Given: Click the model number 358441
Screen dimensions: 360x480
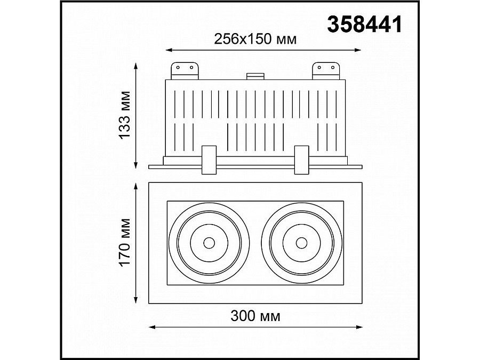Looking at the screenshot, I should click(x=364, y=25).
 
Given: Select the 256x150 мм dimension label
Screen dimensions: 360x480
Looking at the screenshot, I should click(x=255, y=39).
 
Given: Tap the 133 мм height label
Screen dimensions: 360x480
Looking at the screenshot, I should click(x=124, y=114).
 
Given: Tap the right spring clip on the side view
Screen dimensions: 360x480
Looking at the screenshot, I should click(x=301, y=159).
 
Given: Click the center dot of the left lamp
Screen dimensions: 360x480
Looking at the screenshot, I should click(x=208, y=243).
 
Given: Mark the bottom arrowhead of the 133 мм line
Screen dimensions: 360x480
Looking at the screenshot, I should click(x=136, y=165).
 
